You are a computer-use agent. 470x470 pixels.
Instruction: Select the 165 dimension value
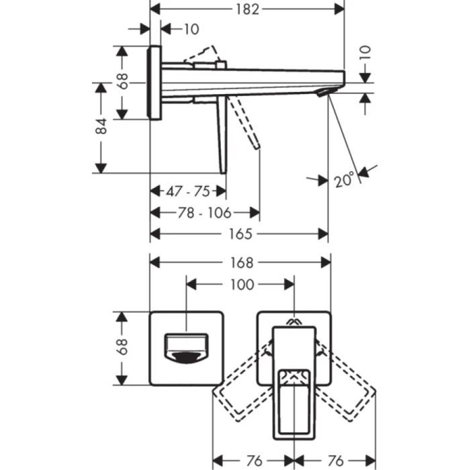[240, 234]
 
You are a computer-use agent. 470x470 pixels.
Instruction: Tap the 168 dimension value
[241, 262]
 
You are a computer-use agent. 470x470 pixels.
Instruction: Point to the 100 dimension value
[240, 285]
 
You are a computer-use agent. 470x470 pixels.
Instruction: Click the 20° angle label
[344, 180]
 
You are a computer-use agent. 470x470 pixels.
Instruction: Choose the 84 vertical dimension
[101, 127]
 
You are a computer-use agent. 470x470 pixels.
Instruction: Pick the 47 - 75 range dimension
[188, 191]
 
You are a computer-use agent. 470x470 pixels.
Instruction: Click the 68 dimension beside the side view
[122, 82]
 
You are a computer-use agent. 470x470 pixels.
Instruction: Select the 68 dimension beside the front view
[122, 348]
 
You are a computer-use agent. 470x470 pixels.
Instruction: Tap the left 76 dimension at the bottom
[253, 461]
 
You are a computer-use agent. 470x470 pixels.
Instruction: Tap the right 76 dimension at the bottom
[336, 461]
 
